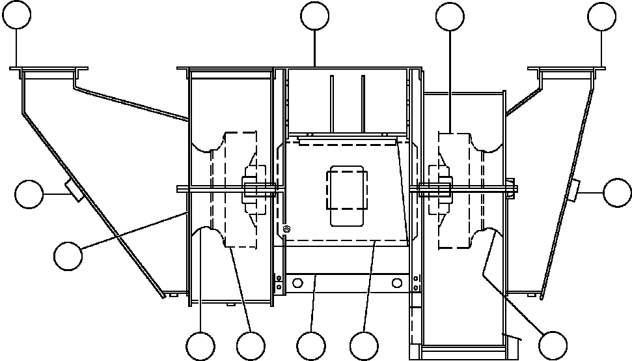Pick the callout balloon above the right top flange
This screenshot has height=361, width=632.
[601, 16]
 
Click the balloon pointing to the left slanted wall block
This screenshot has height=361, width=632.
[29, 195]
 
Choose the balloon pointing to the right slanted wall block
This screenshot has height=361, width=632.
[617, 192]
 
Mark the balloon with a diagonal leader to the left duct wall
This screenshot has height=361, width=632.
[68, 255]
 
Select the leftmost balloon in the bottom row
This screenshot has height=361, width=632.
[200, 345]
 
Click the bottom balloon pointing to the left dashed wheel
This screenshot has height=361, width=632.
[251, 345]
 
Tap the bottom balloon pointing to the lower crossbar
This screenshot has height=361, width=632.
[310, 345]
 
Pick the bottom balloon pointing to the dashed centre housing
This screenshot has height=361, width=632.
[363, 345]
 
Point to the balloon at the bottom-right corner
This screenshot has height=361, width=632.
[553, 345]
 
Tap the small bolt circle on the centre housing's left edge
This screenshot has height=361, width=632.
[286, 229]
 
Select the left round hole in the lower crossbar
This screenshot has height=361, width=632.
[299, 283]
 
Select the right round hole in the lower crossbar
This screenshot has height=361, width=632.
[395, 283]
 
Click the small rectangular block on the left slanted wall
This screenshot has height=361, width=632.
[74, 190]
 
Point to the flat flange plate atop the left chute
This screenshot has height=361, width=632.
[49, 67]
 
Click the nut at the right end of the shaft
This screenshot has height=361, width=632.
[514, 190]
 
